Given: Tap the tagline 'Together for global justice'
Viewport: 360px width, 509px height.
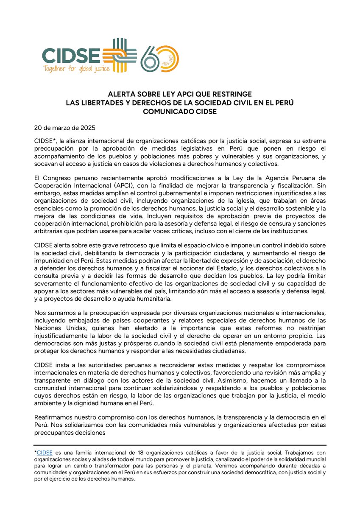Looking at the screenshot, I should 75,68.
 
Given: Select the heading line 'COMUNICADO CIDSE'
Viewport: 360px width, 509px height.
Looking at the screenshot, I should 179,111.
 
